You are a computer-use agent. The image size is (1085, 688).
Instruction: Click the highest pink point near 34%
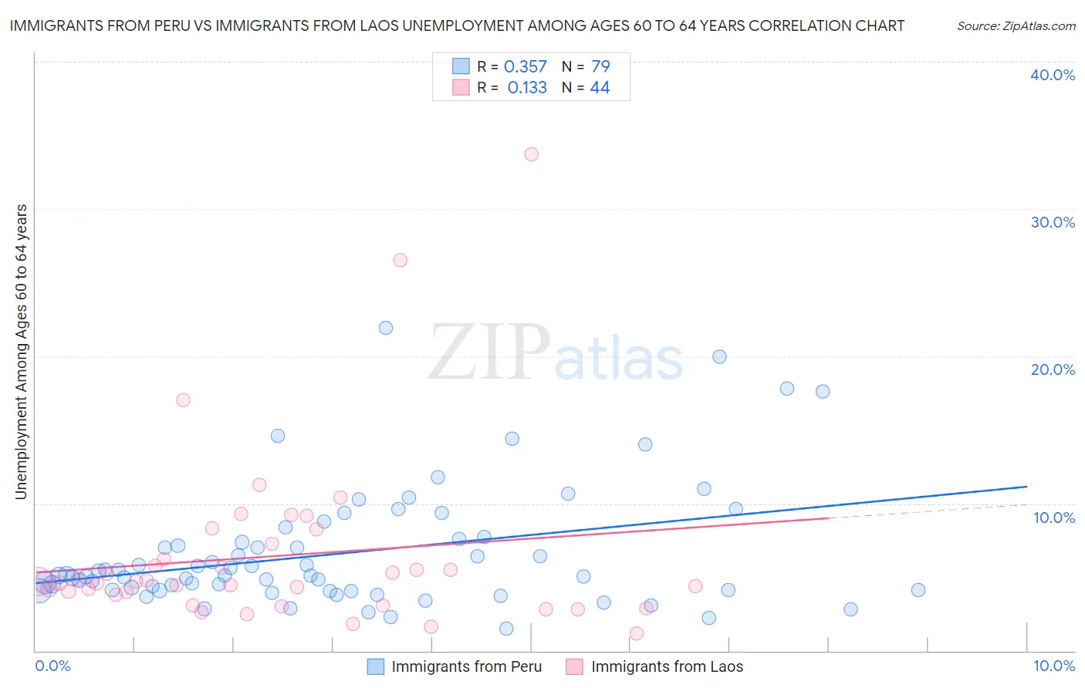(531, 154)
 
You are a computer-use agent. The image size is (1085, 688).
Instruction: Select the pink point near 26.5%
(400, 260)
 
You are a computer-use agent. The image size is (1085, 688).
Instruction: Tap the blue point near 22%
(386, 328)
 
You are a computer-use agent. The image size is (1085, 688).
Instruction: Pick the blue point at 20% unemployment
(719, 356)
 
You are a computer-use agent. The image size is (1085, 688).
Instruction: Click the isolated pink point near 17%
(183, 400)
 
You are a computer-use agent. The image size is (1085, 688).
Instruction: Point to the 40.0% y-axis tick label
(1053, 75)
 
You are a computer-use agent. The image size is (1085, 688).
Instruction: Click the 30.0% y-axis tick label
(1053, 222)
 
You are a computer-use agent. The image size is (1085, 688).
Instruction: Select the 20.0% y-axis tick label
(1053, 369)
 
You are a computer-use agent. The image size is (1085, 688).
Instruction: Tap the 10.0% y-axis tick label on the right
(1054, 518)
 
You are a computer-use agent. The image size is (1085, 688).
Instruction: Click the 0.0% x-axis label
(53, 666)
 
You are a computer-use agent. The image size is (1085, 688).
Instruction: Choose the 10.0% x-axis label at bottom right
(1053, 666)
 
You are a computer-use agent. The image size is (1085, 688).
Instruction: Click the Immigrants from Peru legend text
(466, 666)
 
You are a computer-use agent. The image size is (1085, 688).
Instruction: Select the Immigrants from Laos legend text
(667, 666)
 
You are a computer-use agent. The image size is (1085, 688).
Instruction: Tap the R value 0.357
(526, 67)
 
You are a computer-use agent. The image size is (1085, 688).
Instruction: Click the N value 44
(600, 88)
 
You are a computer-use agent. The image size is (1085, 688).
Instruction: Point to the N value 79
(600, 67)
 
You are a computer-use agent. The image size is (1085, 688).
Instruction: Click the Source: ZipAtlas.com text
(1016, 25)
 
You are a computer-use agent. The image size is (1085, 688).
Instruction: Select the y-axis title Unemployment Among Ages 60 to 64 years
(22, 352)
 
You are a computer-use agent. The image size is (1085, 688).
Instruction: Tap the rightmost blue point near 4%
(918, 590)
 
